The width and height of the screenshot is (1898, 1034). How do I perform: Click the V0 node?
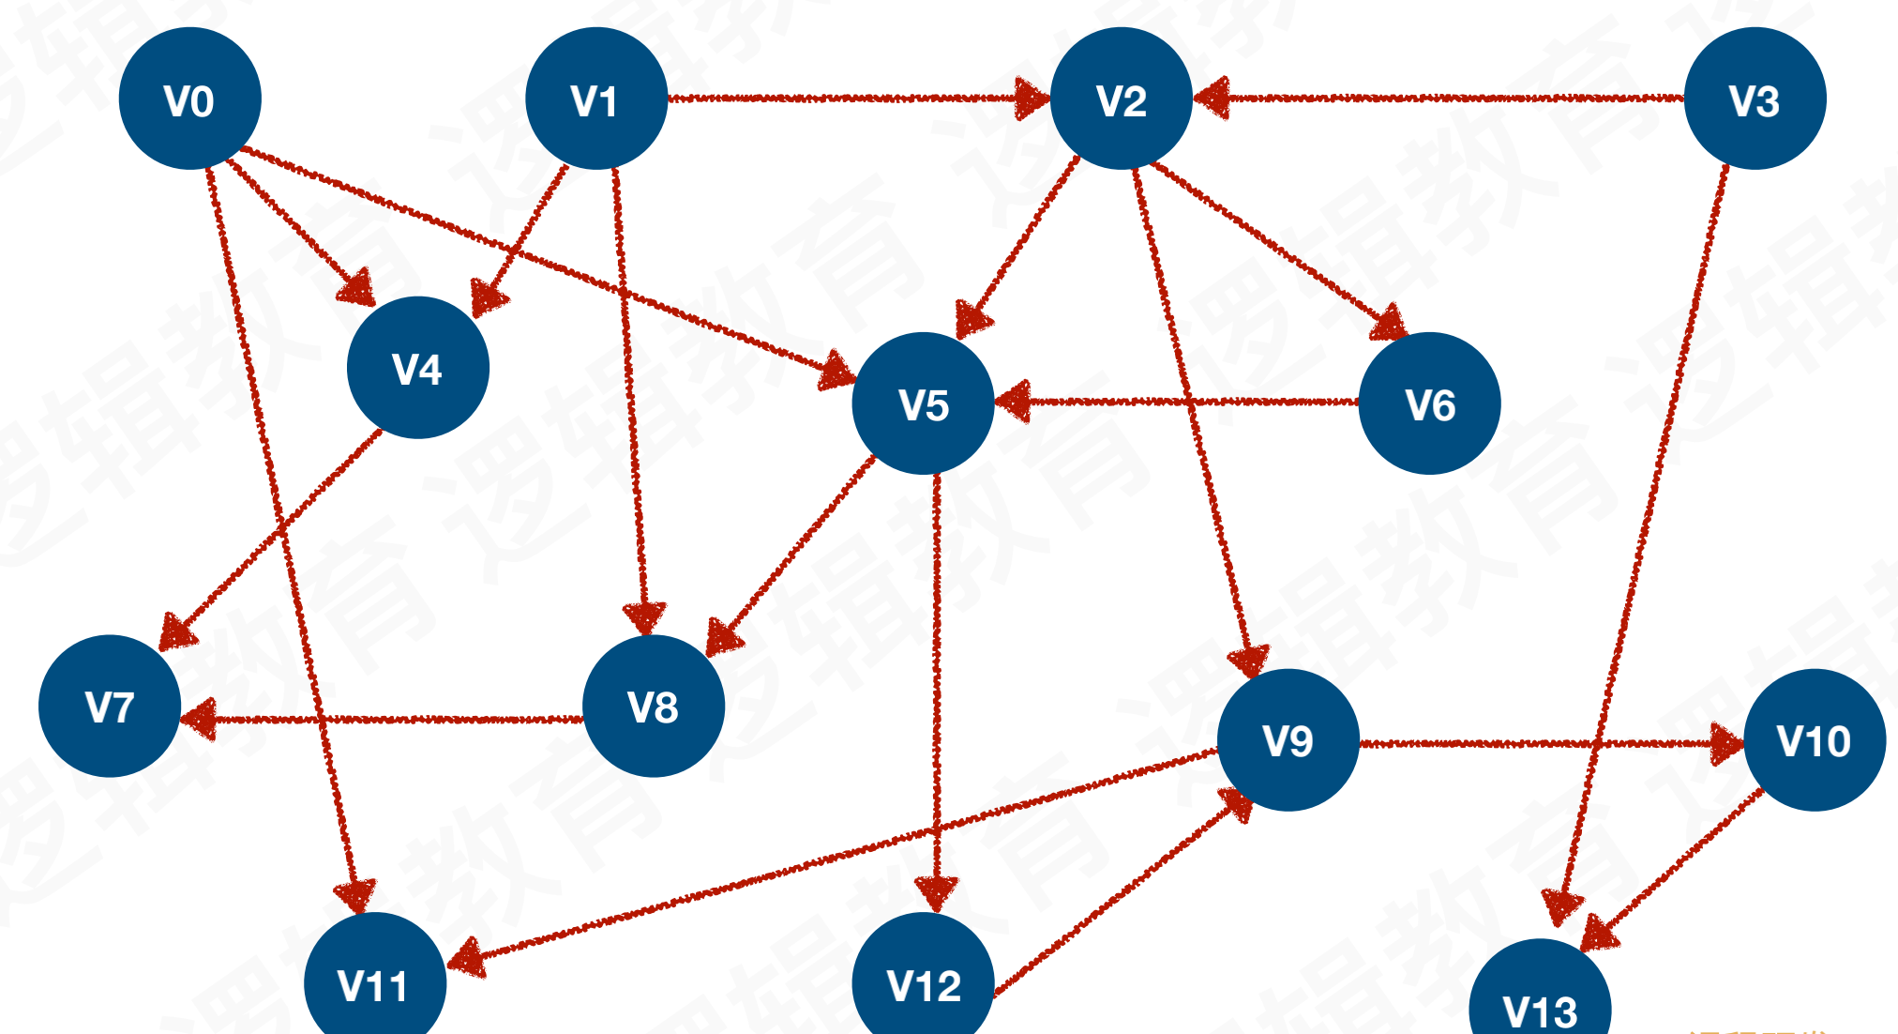[x=189, y=99]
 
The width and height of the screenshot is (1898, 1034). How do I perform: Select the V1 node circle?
[x=595, y=99]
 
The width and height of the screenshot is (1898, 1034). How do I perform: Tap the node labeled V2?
[x=1121, y=99]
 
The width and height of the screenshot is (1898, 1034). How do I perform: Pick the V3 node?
[x=1755, y=99]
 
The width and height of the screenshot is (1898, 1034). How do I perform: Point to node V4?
[x=417, y=368]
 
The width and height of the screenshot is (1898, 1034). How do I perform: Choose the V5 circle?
[x=923, y=403]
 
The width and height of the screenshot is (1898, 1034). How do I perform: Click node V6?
[x=1429, y=403]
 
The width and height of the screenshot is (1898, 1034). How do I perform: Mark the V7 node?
[x=110, y=706]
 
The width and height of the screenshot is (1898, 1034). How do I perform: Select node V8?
[x=653, y=706]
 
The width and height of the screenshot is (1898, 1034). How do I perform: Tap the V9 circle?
[x=1288, y=740]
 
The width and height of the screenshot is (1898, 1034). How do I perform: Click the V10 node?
[x=1814, y=740]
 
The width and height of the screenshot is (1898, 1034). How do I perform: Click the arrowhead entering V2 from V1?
[x=1032, y=98]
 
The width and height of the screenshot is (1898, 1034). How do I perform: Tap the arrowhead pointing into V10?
[x=1726, y=744]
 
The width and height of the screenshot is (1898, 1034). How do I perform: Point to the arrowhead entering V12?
[x=935, y=892]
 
